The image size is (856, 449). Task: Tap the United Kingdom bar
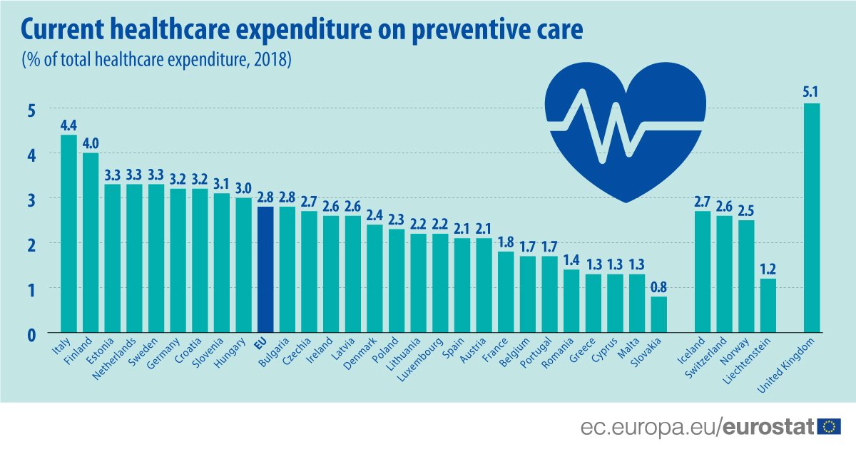click(812, 218)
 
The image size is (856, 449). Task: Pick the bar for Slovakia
click(659, 314)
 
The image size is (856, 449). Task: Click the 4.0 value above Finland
click(91, 142)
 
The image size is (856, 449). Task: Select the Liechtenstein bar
click(768, 306)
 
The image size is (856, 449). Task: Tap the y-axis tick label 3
click(33, 199)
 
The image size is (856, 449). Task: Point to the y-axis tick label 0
click(33, 334)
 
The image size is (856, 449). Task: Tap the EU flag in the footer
click(829, 426)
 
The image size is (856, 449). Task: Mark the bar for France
click(506, 292)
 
